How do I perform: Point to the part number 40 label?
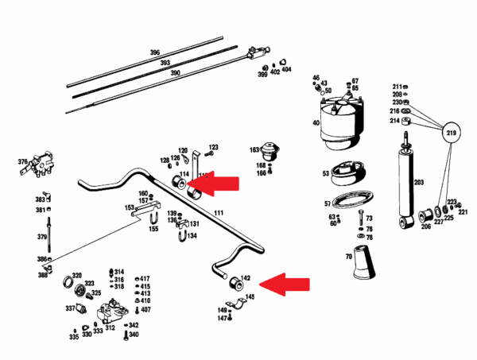tap(316, 123)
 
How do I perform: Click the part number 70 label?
tap(347, 258)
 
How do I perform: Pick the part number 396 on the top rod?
tap(155, 52)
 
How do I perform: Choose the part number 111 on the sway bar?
tap(219, 213)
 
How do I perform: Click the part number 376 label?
tap(22, 162)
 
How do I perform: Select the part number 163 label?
tap(254, 149)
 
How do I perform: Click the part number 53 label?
tap(326, 173)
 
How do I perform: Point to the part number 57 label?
tap(326, 203)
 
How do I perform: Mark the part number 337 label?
tap(70, 308)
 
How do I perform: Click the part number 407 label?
tap(145, 309)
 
